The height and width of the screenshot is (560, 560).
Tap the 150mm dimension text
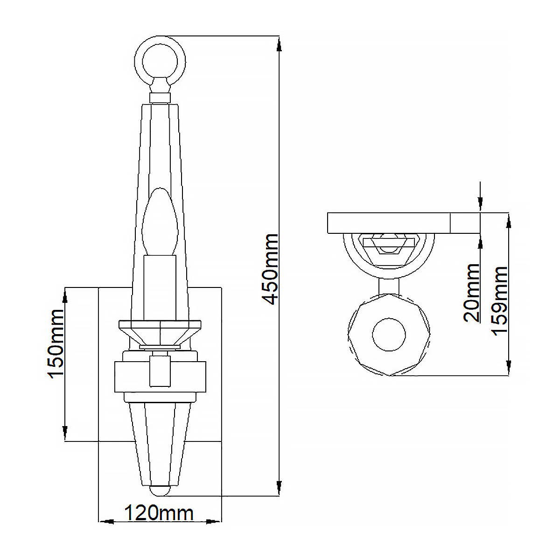click(56, 344)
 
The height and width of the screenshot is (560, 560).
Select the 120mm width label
click(159, 513)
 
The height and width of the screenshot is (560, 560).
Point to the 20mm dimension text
click(472, 293)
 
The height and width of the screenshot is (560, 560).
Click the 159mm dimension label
click(500, 301)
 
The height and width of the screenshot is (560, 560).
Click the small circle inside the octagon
click(389, 335)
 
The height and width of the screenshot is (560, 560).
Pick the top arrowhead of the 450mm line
click(279, 44)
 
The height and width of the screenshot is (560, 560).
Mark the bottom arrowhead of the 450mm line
click(279, 488)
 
